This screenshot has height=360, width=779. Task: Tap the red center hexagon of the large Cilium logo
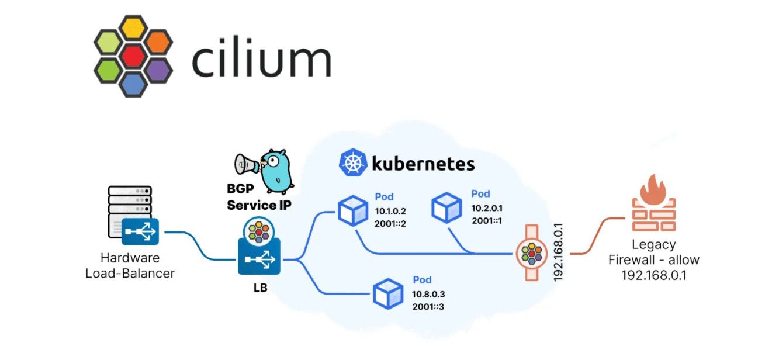[x=133, y=56]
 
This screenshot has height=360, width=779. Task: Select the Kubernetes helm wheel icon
[x=352, y=163]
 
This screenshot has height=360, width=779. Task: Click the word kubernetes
[x=423, y=163]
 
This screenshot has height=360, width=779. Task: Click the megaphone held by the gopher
[x=247, y=164]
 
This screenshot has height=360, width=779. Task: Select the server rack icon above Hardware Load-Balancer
[x=130, y=208]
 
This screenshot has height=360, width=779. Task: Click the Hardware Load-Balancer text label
[x=130, y=265]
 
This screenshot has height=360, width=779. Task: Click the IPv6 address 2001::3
[x=428, y=306]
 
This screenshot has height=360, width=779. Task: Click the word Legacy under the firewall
[x=654, y=245]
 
